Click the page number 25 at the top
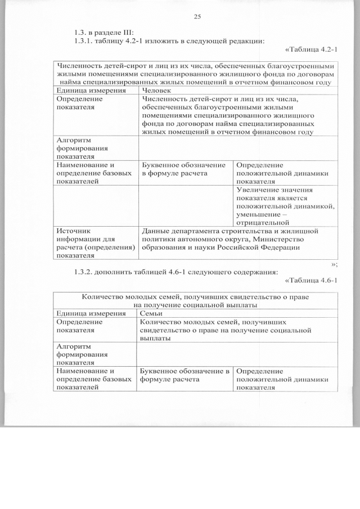pyautogui.click(x=197, y=16)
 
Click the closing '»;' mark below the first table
pyautogui.click(x=334, y=263)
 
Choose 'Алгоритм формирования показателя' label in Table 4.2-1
pyautogui.click(x=77, y=148)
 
